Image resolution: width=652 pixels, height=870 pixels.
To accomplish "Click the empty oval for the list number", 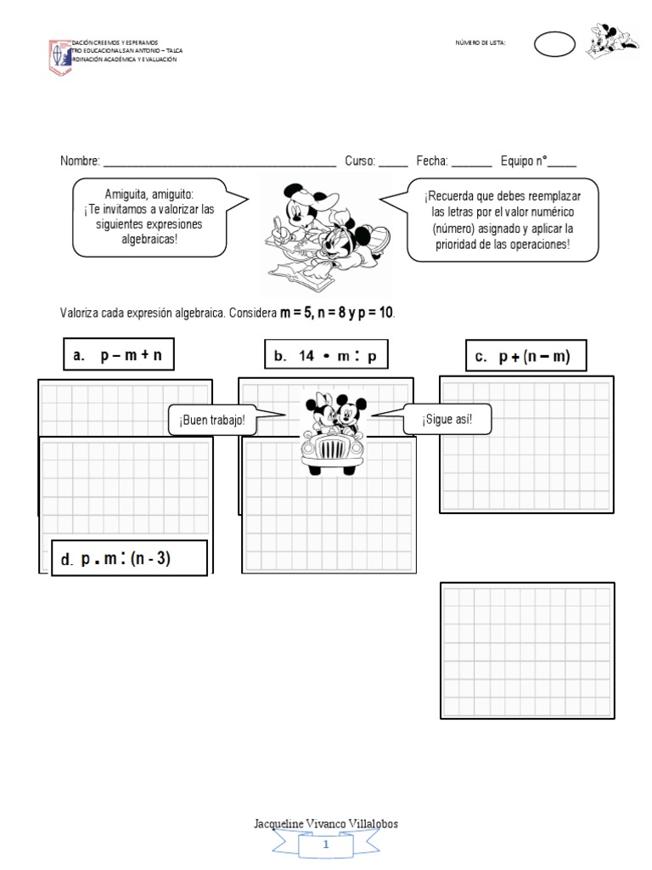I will [x=555, y=45].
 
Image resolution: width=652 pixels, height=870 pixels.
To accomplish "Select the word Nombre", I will [x=80, y=161].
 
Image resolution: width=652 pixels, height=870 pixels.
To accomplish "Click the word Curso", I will [x=359, y=161].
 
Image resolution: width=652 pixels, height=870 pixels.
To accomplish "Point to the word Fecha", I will [x=431, y=161].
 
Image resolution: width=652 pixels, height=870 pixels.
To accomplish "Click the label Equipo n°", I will [x=523, y=161].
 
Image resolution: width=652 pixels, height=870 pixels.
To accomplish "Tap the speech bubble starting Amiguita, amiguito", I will [x=149, y=217].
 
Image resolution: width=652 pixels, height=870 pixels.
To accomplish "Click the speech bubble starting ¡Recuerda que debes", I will [x=502, y=219].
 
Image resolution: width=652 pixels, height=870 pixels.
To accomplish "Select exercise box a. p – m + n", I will [x=118, y=356].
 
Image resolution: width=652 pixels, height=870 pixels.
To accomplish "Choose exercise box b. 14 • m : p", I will [x=325, y=357].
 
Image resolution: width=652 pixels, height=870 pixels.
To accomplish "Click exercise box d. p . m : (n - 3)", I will [x=129, y=559].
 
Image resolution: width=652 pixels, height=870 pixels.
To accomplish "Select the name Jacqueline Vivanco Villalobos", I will [x=326, y=824].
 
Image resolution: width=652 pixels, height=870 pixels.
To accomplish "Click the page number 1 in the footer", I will [x=326, y=845].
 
